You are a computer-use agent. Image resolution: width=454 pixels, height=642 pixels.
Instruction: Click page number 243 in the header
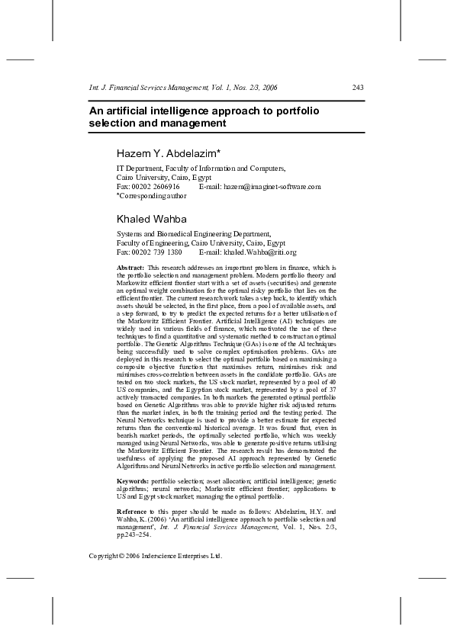[x=357, y=88]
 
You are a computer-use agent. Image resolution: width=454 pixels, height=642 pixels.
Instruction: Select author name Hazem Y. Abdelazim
[x=169, y=154]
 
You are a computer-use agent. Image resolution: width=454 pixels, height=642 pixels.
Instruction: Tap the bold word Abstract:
[x=130, y=268]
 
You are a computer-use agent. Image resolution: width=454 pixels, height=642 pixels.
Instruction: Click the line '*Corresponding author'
[x=151, y=195]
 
